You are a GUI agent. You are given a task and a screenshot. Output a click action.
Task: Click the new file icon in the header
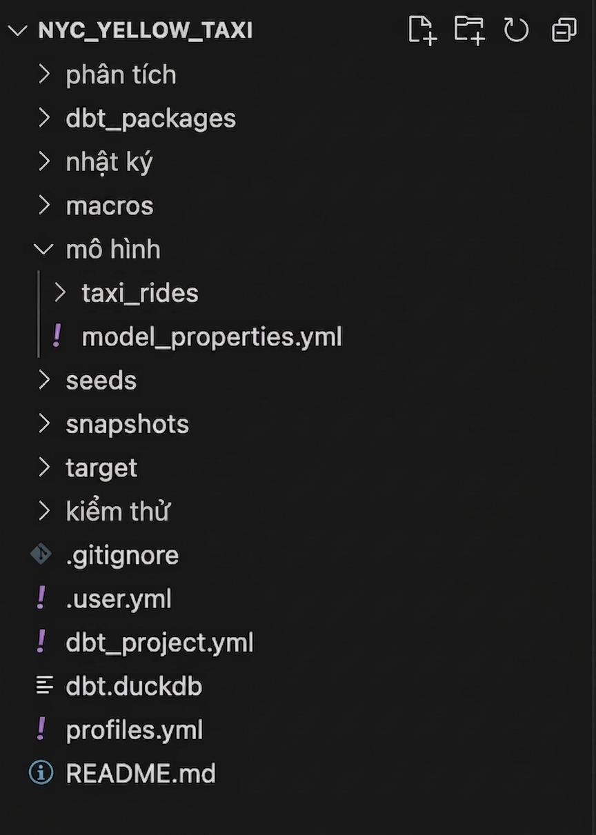point(423,30)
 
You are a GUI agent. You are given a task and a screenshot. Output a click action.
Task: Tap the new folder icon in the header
point(470,30)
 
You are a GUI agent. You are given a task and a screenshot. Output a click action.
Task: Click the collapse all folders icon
point(564,30)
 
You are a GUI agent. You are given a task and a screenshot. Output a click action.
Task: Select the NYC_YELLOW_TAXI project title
point(146,30)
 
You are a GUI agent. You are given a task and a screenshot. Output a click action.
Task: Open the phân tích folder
point(121,74)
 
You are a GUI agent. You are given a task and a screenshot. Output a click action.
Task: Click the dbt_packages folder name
point(150,119)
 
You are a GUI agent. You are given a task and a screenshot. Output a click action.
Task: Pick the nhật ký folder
point(109,163)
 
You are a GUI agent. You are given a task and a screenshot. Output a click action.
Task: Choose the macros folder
point(109,205)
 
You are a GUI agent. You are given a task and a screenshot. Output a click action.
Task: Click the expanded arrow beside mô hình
point(43,250)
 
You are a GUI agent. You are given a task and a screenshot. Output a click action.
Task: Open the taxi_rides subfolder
point(140,293)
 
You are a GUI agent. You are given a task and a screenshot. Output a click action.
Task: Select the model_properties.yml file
point(212,337)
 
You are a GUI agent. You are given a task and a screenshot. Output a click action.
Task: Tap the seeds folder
point(101,381)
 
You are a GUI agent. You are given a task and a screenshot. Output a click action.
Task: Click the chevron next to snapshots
point(44,424)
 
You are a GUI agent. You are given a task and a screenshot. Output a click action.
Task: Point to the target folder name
point(101,468)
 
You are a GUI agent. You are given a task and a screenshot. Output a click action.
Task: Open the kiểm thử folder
point(118,510)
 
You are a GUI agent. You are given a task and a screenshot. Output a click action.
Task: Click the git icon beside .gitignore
point(41,554)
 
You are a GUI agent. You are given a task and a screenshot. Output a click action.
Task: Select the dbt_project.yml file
point(159,643)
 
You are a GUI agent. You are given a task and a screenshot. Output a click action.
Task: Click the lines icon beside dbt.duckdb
point(44,685)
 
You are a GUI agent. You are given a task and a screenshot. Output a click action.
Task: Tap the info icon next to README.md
point(41,772)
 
